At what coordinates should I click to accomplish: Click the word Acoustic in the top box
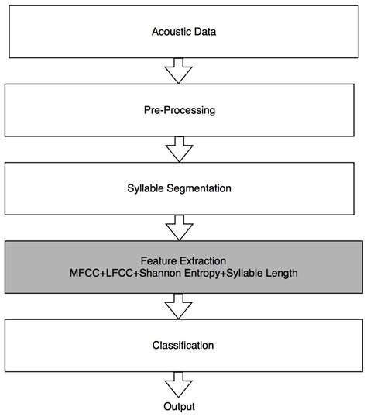click(x=171, y=32)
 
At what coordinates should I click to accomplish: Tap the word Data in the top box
click(x=205, y=32)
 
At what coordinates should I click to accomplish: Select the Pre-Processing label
click(x=180, y=110)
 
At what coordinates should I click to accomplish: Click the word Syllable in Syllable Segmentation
click(x=146, y=188)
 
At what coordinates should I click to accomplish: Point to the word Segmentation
click(x=199, y=188)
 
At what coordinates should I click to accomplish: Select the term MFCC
click(x=85, y=273)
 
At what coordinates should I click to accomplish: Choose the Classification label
click(x=183, y=346)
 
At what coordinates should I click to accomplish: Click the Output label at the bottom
click(x=179, y=407)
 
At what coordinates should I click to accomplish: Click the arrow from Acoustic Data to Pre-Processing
click(x=179, y=71)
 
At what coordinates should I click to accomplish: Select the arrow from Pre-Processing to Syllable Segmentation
click(x=180, y=150)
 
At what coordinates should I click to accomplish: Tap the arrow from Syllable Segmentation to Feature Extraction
click(x=180, y=228)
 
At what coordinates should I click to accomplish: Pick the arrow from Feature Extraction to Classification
click(x=179, y=306)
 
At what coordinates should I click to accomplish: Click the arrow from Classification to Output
click(x=179, y=384)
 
